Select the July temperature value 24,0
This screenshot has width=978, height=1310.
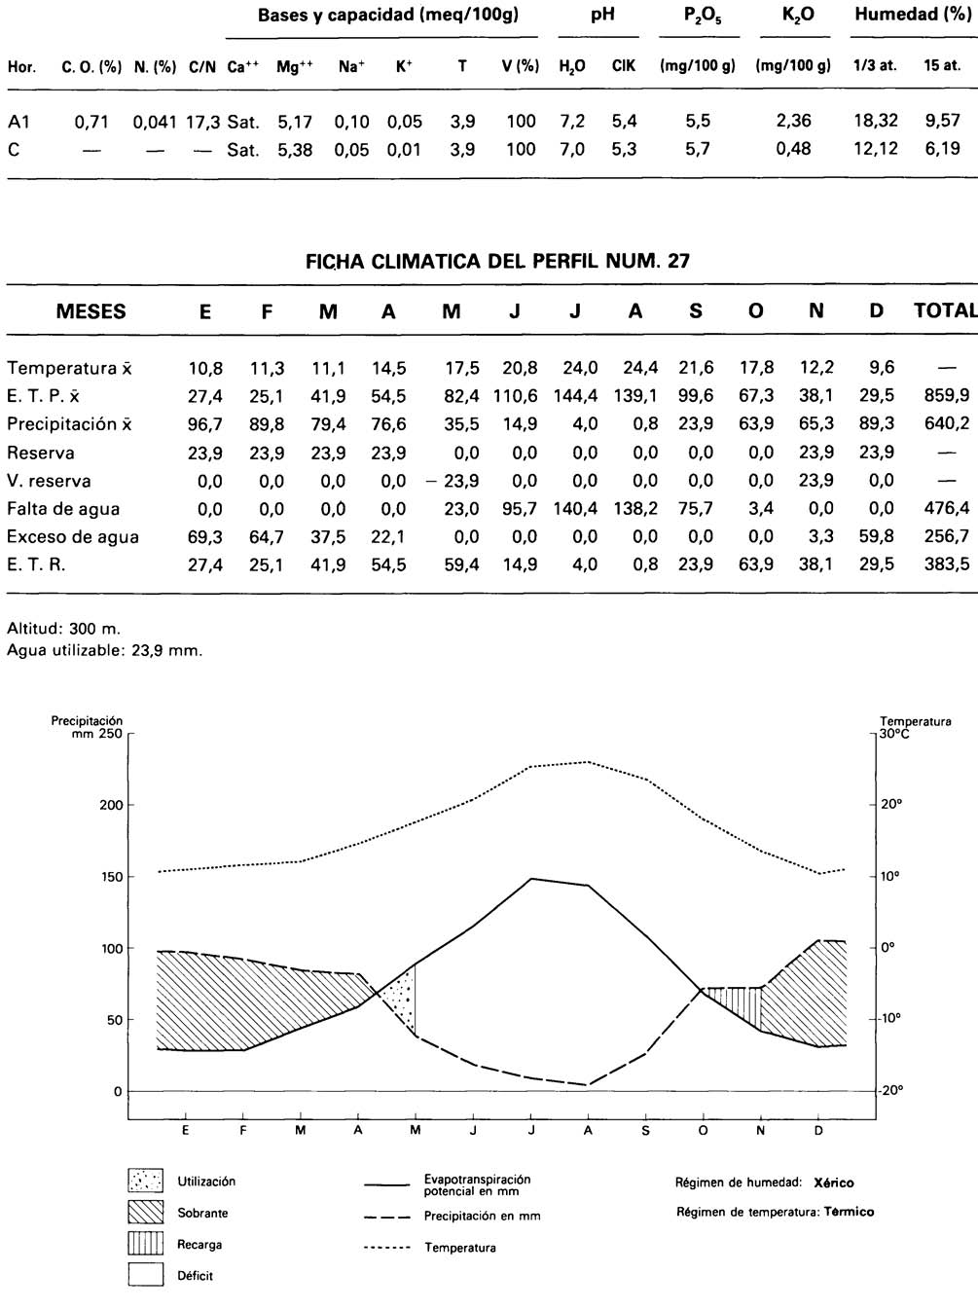[579, 368]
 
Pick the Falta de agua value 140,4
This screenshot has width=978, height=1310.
[577, 509]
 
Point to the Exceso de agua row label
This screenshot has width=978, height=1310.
[73, 537]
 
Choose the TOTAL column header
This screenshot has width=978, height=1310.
[945, 311]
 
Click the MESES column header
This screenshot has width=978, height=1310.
[91, 312]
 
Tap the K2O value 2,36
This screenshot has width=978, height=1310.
[793, 122]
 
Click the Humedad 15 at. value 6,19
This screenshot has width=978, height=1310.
[942, 149]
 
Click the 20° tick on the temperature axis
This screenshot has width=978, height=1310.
[891, 805]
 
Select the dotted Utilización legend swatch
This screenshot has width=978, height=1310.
[146, 1182]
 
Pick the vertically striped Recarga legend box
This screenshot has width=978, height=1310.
[146, 1244]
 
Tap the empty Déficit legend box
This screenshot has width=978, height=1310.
[146, 1275]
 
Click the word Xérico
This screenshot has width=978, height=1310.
[833, 1183]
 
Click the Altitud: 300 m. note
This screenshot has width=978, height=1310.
[64, 629]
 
